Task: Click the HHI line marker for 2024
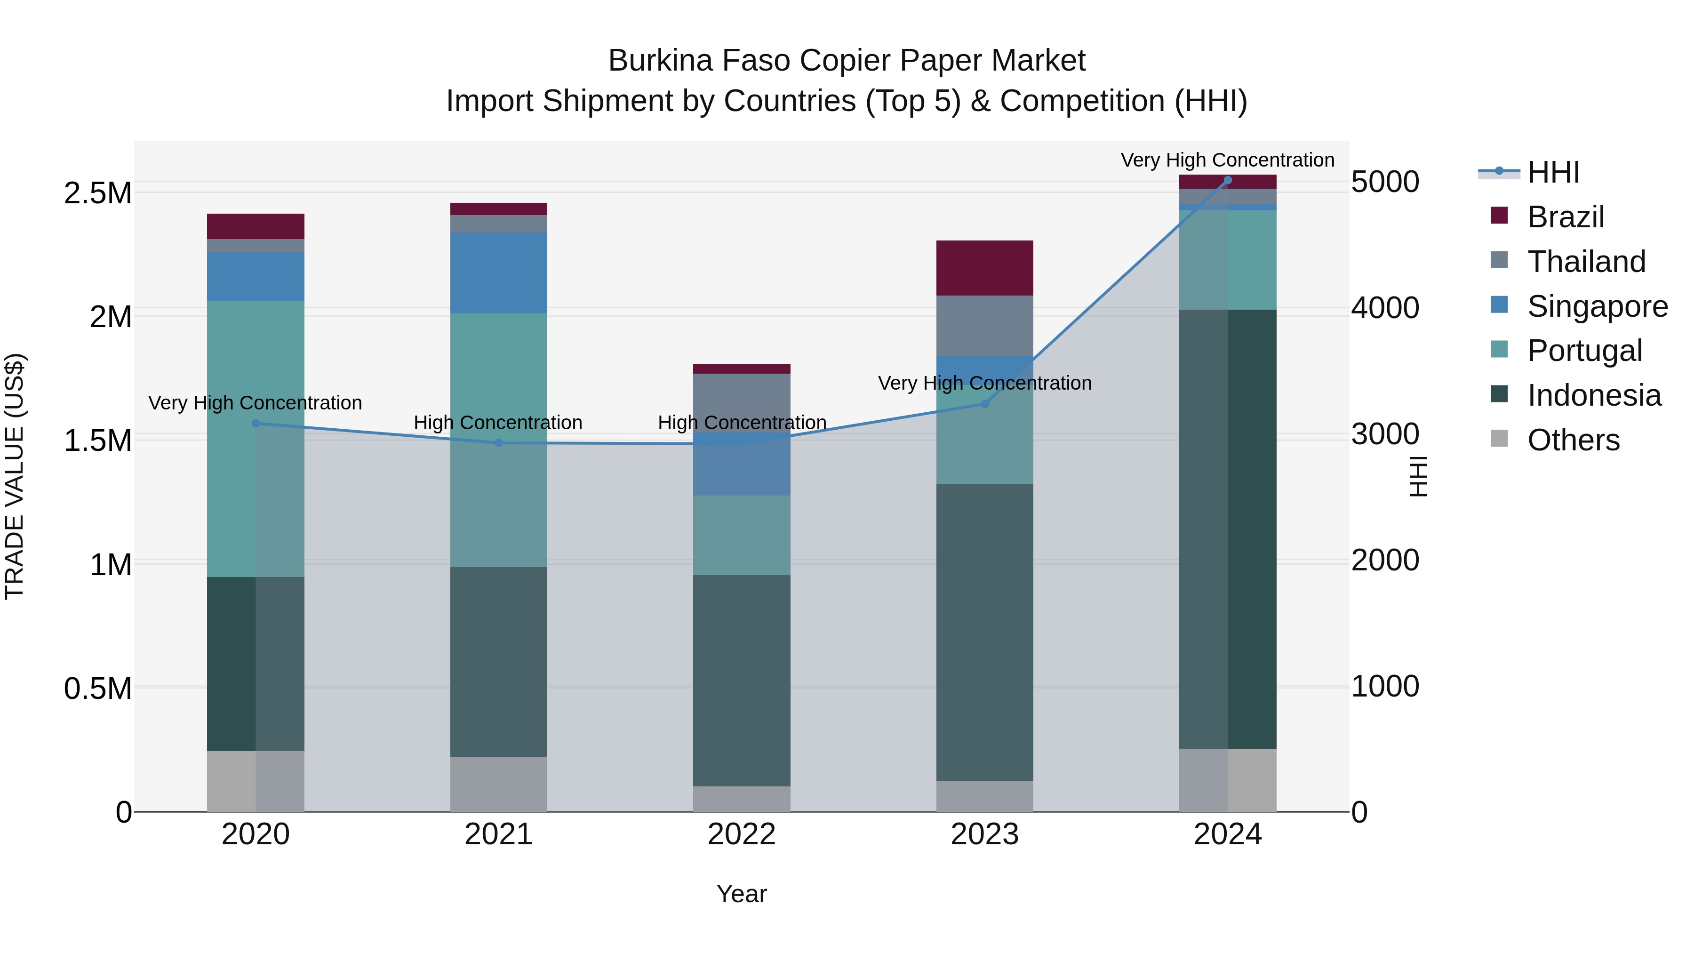pos(1227,180)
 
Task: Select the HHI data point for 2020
pos(256,424)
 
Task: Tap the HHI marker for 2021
pos(498,443)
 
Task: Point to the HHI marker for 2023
pos(984,404)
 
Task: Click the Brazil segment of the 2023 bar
pos(984,268)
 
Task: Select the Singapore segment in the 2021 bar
pos(498,272)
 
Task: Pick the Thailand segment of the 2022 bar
pos(741,401)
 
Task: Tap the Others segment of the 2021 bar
pos(498,784)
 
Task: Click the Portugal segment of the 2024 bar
pos(1227,260)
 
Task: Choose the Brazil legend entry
pos(1565,217)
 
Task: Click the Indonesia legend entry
pos(1593,395)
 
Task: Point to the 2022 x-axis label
pos(741,834)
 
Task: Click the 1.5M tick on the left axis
pos(98,440)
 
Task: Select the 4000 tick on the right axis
pos(1385,308)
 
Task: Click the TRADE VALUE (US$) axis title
pos(15,476)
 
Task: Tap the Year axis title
pos(741,894)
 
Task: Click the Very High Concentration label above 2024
pos(1227,160)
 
